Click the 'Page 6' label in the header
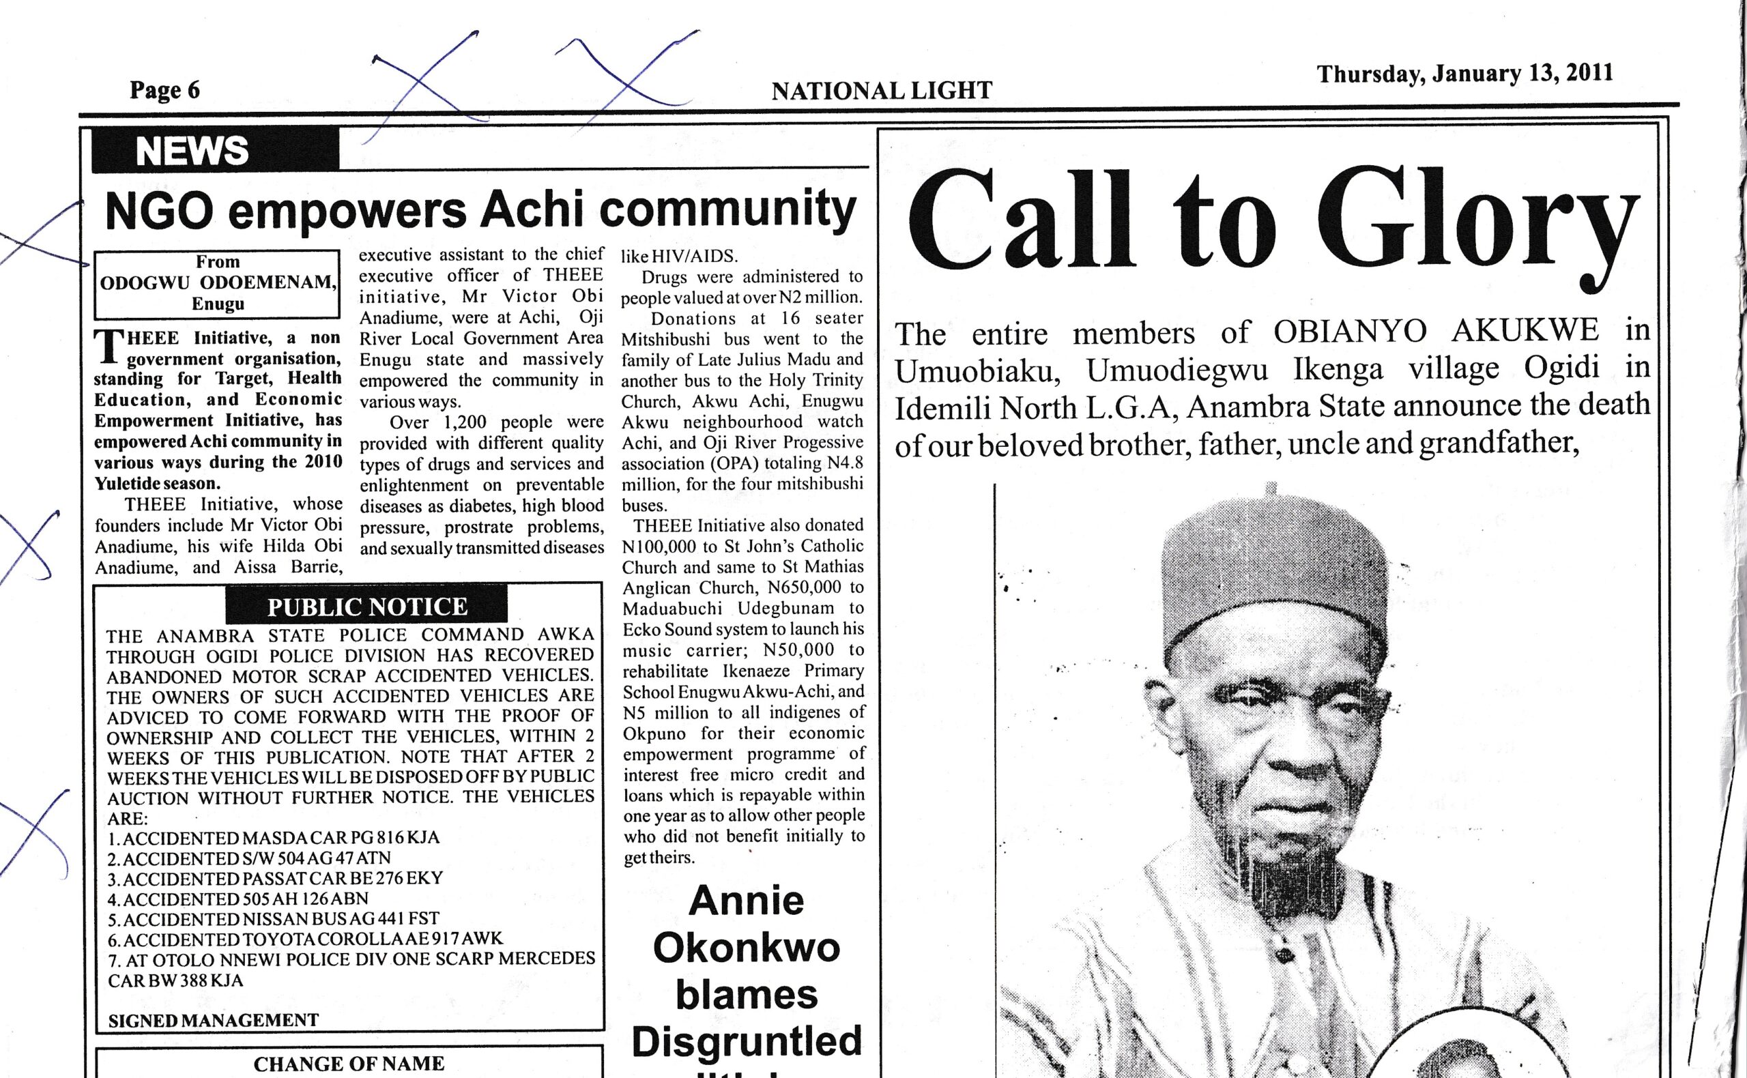pos(164,91)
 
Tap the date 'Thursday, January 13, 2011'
pos(1464,74)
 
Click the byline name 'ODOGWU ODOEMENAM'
pos(217,283)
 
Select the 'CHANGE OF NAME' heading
pos(349,1064)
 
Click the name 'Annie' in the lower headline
pos(747,901)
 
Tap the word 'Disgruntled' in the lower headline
pos(747,1041)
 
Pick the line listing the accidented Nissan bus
pos(274,919)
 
